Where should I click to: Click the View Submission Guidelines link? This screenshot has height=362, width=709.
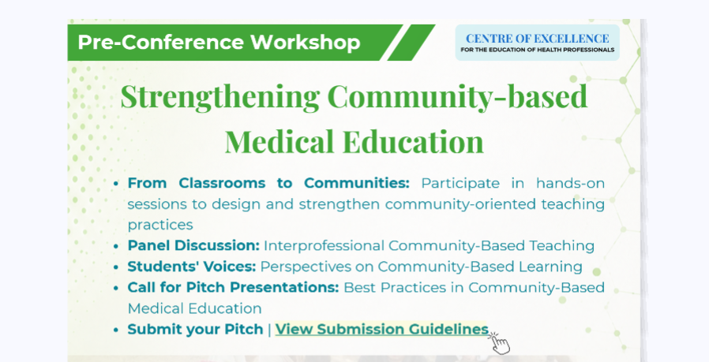381,329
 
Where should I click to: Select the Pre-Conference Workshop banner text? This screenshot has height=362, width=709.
219,42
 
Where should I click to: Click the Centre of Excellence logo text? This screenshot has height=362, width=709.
537,39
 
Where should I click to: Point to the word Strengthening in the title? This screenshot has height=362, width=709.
220,97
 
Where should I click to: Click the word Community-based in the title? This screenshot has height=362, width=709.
457,97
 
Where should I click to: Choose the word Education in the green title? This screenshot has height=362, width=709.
413,141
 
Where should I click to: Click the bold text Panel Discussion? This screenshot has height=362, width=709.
193,245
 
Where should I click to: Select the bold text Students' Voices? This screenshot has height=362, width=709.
192,267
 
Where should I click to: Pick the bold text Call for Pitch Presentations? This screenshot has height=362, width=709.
233,287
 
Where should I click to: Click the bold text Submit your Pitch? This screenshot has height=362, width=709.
195,329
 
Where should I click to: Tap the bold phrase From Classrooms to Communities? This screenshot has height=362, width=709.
268,183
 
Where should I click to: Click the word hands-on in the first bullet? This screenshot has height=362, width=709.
570,183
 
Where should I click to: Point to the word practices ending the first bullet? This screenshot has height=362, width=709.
160,225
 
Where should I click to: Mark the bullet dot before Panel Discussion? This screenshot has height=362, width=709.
116,246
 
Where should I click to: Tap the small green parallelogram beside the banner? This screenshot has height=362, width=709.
411,43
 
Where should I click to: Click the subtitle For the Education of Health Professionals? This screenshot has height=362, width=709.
537,50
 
